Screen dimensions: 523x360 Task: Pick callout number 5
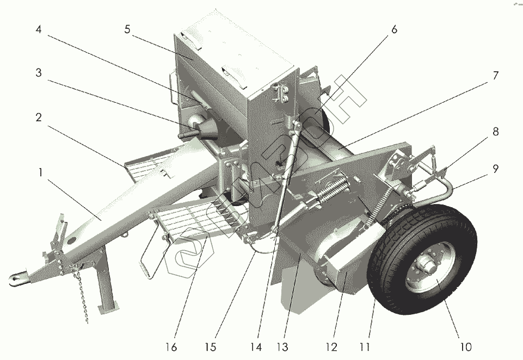[127, 29]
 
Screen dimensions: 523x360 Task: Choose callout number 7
[495, 76]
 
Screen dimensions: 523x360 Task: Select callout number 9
[495, 170]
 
